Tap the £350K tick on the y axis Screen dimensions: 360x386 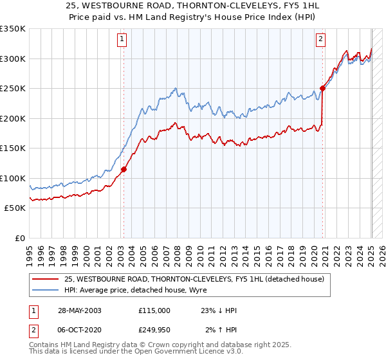(x=13, y=29)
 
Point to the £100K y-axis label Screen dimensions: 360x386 (x=13, y=178)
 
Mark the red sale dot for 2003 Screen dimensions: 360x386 (x=124, y=170)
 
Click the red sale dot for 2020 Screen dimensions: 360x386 (x=322, y=89)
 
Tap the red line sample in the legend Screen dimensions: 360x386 (x=46, y=278)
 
